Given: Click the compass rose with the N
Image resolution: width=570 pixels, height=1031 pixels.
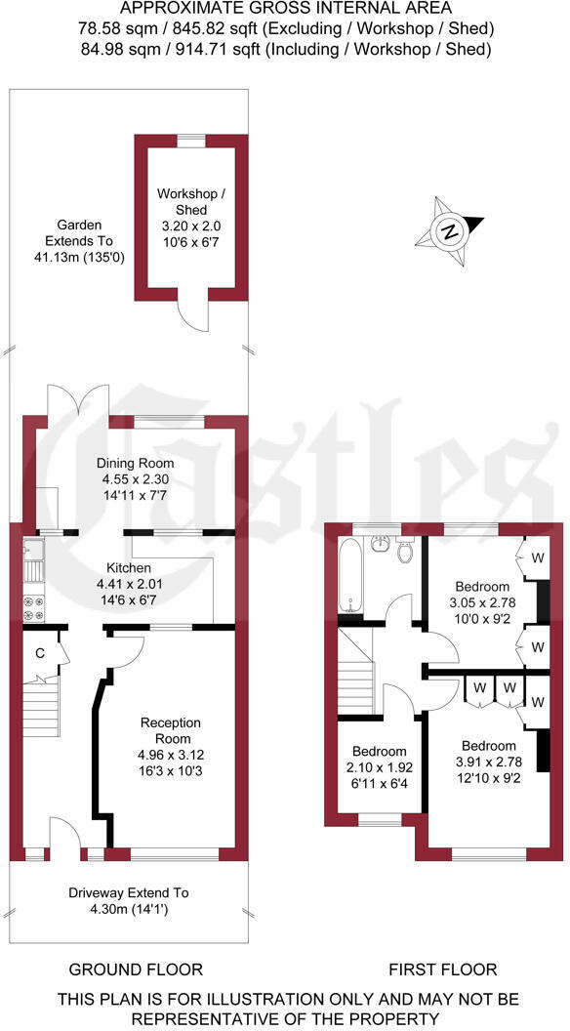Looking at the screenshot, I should pos(449,231).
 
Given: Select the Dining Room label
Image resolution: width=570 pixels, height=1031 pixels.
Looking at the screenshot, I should pos(135,463).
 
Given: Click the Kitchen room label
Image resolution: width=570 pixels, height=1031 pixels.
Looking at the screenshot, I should pos(129,567).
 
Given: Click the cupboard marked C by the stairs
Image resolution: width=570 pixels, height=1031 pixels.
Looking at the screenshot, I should pos(40,653).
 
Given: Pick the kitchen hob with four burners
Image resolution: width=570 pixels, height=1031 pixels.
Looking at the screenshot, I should pos(32,607).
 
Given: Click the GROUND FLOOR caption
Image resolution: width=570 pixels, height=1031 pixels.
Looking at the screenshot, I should pos(136,969).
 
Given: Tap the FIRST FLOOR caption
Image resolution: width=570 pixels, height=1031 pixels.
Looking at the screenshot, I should pos(442,969).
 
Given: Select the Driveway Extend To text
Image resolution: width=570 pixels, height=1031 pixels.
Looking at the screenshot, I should pos(129,892).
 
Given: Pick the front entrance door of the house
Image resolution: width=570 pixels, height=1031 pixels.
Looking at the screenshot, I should pos(64,838).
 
